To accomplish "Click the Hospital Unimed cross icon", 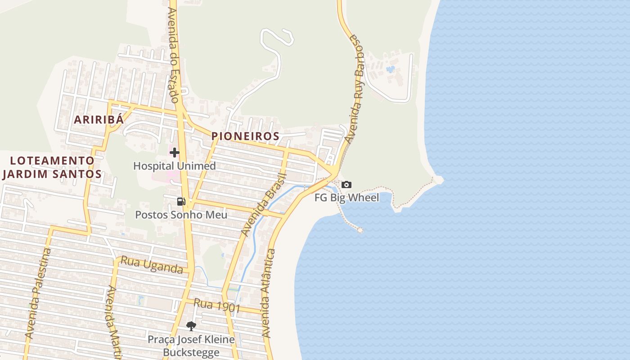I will pyautogui.click(x=175, y=153).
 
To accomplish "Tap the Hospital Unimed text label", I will pyautogui.click(x=175, y=166).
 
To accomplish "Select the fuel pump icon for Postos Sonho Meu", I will pyautogui.click(x=181, y=201).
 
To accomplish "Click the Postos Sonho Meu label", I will pyautogui.click(x=181, y=215).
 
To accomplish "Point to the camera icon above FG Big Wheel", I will pyautogui.click(x=346, y=184).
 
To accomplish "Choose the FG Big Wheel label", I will pyautogui.click(x=346, y=198).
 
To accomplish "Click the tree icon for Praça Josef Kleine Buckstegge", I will pyautogui.click(x=191, y=326).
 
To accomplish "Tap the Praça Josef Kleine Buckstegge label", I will pyautogui.click(x=191, y=346).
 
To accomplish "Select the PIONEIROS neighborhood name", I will pyautogui.click(x=245, y=136).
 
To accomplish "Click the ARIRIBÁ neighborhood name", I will pyautogui.click(x=99, y=120).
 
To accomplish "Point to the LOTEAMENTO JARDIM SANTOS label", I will pyautogui.click(x=51, y=167).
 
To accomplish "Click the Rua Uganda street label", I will pyautogui.click(x=151, y=265).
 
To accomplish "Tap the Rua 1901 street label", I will pyautogui.click(x=217, y=306).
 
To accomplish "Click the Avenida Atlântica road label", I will pyautogui.click(x=269, y=293).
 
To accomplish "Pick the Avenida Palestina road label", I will pyautogui.click(x=38, y=293).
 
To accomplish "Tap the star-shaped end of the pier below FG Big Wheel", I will pyautogui.click(x=360, y=230).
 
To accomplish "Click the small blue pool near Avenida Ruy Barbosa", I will pyautogui.click(x=390, y=69).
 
